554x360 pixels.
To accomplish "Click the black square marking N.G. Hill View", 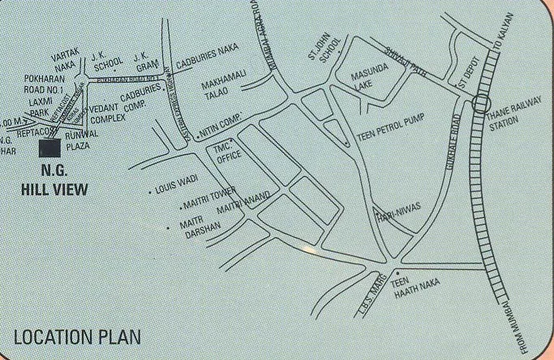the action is (x=49, y=148).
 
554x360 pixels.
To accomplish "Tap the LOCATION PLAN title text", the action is (x=77, y=336).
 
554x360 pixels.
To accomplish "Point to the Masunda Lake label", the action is (x=364, y=83).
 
